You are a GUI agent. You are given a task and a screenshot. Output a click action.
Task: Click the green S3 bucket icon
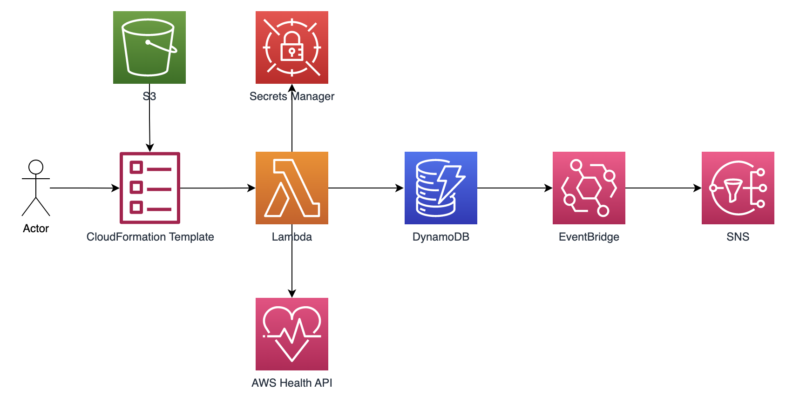149,47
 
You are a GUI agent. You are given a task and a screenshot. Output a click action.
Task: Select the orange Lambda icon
291,188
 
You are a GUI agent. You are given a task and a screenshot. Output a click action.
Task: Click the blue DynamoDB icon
440,188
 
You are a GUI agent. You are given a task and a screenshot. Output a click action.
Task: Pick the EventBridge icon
589,188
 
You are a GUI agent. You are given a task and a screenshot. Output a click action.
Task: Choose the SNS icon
738,188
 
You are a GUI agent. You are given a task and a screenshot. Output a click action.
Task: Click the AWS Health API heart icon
291,334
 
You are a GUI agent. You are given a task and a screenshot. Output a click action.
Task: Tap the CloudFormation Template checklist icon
150,188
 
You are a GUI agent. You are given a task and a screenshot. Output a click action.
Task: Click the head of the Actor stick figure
36,167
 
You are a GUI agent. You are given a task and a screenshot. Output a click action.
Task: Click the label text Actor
36,228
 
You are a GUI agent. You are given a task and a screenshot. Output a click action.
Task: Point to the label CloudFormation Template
150,237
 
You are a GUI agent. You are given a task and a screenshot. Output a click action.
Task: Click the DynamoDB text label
440,237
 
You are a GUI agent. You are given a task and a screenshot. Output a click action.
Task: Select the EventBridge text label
589,237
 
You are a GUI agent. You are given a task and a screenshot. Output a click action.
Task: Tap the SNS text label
738,237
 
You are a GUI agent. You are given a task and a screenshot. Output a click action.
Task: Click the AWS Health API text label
291,383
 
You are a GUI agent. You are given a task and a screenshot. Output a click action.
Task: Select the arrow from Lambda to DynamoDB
366,188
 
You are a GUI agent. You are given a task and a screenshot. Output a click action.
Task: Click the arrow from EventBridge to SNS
663,188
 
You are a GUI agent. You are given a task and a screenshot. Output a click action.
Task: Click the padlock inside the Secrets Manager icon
292,47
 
